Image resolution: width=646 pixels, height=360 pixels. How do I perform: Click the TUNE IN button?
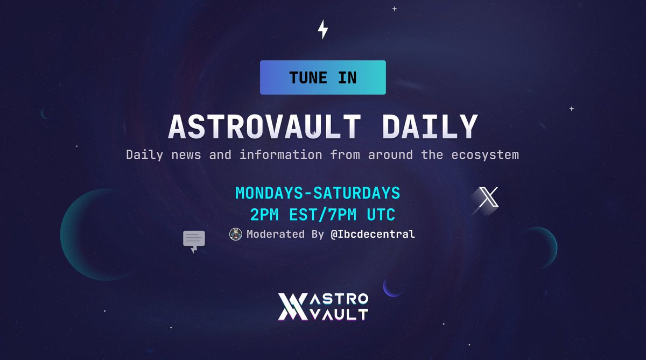[322, 77]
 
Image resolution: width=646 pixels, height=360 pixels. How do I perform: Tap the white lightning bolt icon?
[322, 30]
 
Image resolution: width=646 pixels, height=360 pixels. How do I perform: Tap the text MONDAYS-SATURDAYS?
[318, 193]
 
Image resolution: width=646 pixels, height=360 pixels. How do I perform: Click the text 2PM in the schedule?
[264, 215]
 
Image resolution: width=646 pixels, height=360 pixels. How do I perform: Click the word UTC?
[381, 215]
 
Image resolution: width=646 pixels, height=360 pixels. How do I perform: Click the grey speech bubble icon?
[194, 240]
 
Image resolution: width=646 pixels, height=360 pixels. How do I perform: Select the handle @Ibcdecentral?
[373, 235]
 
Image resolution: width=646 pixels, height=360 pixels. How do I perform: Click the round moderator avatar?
[236, 234]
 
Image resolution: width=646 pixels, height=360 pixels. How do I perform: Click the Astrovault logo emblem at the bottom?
[291, 307]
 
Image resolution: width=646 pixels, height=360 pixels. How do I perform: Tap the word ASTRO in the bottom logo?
[340, 299]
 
